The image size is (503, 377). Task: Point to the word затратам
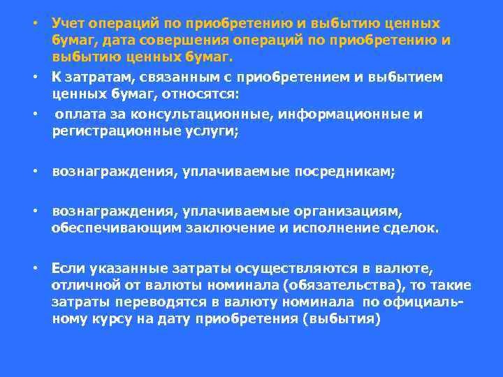click(x=94, y=77)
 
